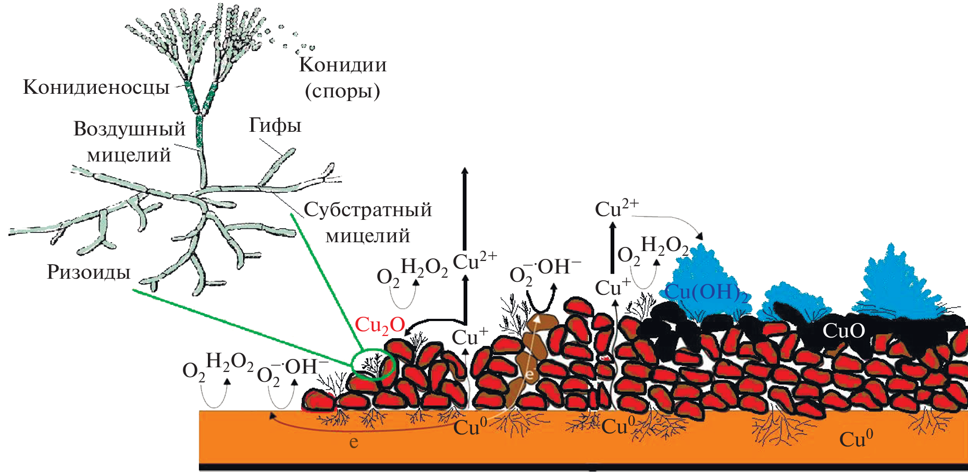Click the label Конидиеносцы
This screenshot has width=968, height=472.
click(96, 87)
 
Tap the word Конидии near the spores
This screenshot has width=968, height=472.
click(343, 65)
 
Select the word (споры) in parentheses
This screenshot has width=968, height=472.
click(342, 91)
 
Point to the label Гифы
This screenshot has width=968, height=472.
click(275, 126)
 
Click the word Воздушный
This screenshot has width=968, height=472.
click(129, 129)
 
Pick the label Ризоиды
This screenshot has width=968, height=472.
click(89, 272)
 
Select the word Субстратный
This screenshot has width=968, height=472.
click(368, 209)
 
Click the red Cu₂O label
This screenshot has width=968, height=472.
click(380, 325)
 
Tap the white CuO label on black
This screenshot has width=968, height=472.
click(843, 330)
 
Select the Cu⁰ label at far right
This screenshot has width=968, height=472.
click(856, 439)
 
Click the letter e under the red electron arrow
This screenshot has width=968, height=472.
click(354, 442)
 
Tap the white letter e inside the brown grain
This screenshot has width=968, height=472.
click(529, 374)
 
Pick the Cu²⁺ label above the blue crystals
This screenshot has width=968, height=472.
click(616, 209)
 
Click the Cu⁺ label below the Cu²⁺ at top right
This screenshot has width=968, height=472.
click(613, 288)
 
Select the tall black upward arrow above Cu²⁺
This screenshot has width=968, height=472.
click(465, 208)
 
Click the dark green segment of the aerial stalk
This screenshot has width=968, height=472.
click(199, 130)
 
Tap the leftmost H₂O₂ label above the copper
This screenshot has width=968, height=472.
click(229, 361)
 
